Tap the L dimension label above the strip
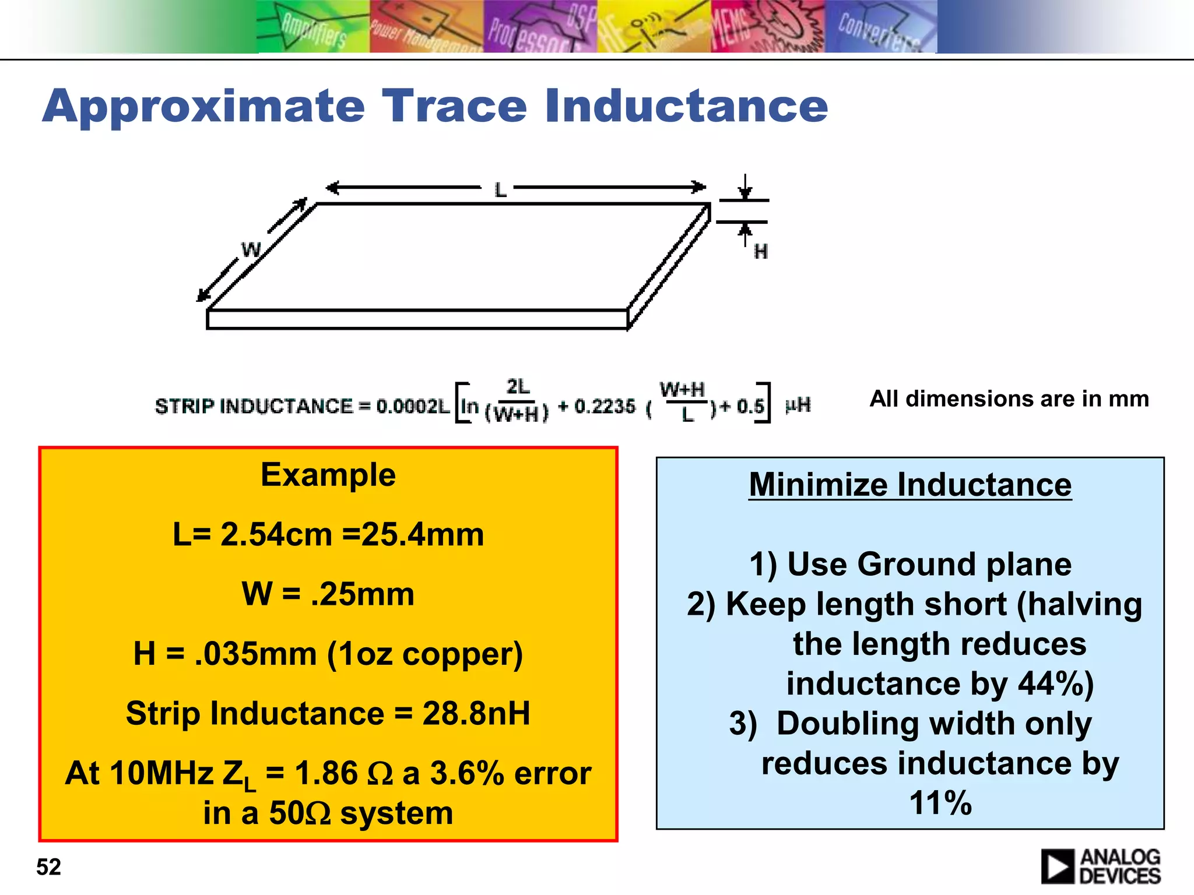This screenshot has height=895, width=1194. coord(500,189)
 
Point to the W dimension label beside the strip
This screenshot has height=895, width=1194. coord(251,250)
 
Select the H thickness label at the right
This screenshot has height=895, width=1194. coord(760,252)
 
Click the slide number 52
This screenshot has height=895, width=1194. coord(48,867)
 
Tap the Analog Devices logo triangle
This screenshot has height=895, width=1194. coord(1056,866)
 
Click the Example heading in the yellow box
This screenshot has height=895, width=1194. coord(328,474)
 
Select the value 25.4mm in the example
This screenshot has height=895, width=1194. coord(422,534)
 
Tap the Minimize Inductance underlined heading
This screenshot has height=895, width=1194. coord(910,485)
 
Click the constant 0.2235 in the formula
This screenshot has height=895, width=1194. coord(605,406)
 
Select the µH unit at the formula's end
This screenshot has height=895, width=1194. coord(798,405)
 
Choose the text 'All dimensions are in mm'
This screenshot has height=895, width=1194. coord(1009,399)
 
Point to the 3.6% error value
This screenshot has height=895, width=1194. coord(466,774)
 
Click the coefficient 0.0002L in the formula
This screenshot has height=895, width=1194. coord(413,406)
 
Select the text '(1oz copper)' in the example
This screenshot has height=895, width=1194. coord(424,654)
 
